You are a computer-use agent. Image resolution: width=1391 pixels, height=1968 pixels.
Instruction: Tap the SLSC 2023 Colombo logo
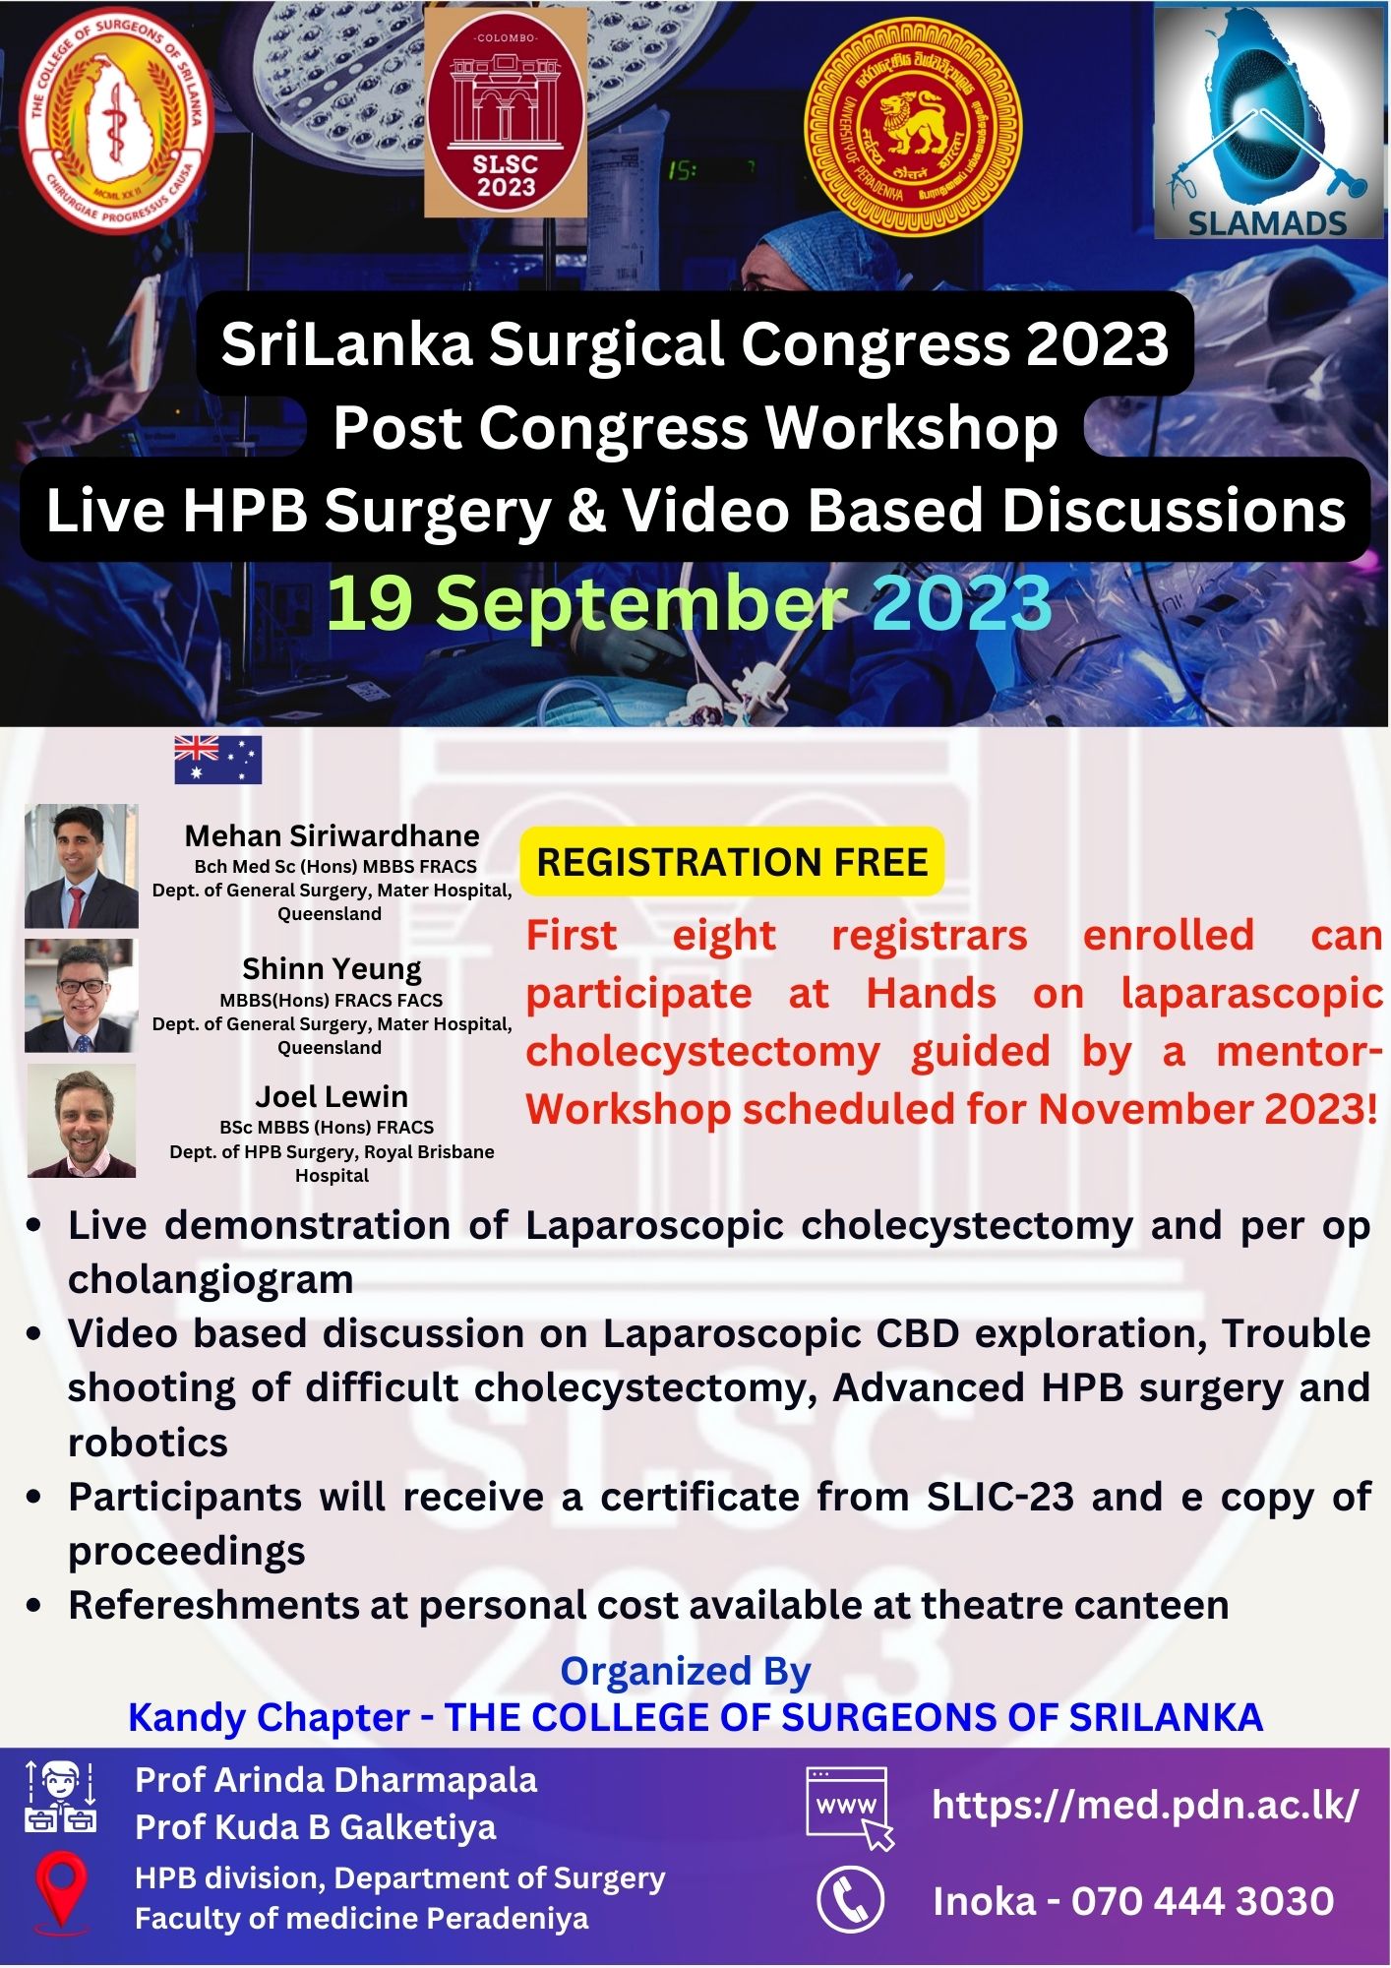point(506,112)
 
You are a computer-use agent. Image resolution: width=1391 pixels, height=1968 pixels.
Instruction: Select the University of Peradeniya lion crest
point(913,126)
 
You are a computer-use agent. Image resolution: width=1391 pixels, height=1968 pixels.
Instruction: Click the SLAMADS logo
point(1268,123)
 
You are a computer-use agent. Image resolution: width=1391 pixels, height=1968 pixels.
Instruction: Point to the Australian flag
point(218,760)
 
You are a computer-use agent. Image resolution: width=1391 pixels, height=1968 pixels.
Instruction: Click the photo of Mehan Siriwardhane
point(82,866)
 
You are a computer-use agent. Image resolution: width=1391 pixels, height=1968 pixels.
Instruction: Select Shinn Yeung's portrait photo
point(81,996)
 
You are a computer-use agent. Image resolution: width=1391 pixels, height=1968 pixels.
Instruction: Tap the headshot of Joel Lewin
point(82,1121)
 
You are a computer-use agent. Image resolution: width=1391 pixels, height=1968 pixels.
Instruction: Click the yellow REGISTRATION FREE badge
point(732,862)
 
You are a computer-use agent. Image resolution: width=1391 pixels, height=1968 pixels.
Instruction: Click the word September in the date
point(641,603)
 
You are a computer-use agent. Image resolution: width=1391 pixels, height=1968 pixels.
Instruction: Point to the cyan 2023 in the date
point(962,602)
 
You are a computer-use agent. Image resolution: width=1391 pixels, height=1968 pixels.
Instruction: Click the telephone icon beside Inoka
point(850,1899)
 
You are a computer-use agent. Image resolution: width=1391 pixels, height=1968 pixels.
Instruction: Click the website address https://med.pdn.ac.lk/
point(1145,1805)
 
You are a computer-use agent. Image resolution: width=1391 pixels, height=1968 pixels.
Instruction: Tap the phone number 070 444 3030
point(1202,1901)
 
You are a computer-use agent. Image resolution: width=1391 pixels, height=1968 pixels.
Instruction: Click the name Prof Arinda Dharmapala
point(336,1780)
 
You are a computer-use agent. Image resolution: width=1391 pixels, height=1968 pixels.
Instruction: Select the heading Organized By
point(686,1671)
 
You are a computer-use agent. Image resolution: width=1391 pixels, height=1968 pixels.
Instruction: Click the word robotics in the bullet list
point(148,1443)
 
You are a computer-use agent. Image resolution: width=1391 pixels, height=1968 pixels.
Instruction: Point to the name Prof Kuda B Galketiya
point(316,1827)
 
